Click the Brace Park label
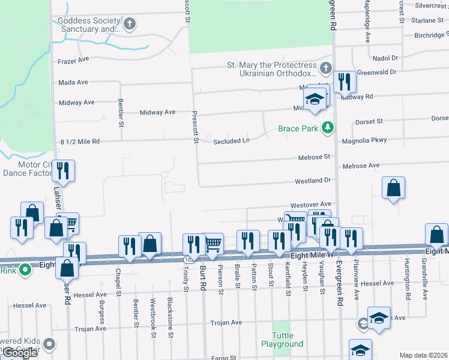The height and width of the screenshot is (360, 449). (298, 128)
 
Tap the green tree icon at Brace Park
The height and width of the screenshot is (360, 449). (328, 127)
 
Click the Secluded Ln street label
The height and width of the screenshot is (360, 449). (231, 142)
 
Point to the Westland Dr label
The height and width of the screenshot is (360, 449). (313, 181)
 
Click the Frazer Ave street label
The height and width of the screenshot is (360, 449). (73, 61)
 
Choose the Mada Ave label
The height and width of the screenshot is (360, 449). (73, 82)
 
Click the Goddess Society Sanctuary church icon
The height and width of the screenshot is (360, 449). (130, 24)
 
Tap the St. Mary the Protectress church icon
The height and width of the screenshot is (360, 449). (325, 68)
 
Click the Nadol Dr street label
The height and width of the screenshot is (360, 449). (385, 58)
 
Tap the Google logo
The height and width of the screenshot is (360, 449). (20, 353)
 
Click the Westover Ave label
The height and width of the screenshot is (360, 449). (311, 205)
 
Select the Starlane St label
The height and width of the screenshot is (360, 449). (427, 20)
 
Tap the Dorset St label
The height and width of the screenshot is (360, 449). (369, 122)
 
